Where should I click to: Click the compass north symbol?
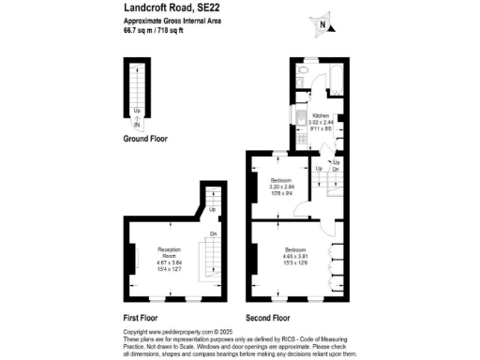[322, 25]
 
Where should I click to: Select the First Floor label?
[142, 317]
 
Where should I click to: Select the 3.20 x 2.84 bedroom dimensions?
[281, 187]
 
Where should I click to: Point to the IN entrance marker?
[137, 125]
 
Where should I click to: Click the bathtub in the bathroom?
[336, 76]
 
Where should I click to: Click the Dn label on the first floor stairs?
[213, 233]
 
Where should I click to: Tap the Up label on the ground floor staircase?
[137, 117]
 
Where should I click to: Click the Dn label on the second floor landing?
[335, 169]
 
